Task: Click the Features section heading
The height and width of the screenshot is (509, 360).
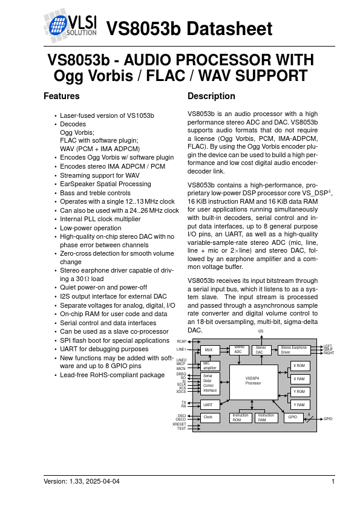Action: pos(61,96)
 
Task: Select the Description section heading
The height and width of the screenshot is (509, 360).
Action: pos(211,96)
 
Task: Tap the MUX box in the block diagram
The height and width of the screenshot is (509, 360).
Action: pos(209,350)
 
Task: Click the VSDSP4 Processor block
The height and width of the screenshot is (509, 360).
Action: pos(253,381)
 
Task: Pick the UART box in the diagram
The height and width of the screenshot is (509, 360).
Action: pos(209,404)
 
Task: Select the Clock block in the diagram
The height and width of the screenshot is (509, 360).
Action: pos(209,417)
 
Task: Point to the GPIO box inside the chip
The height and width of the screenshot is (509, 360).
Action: pos(293,417)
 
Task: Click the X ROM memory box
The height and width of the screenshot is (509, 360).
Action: pos(299,366)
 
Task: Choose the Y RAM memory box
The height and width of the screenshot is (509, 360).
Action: pos(299,404)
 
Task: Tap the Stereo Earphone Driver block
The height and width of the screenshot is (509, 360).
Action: pos(294,350)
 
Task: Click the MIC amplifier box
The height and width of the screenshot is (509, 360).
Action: pos(209,365)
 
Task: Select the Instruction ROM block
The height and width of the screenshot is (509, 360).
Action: pos(240,417)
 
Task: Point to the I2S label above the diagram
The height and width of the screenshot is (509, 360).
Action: pos(261,331)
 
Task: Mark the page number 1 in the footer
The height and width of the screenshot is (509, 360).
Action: pos(333,481)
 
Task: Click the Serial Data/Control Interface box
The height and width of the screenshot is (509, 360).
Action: pos(209,384)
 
